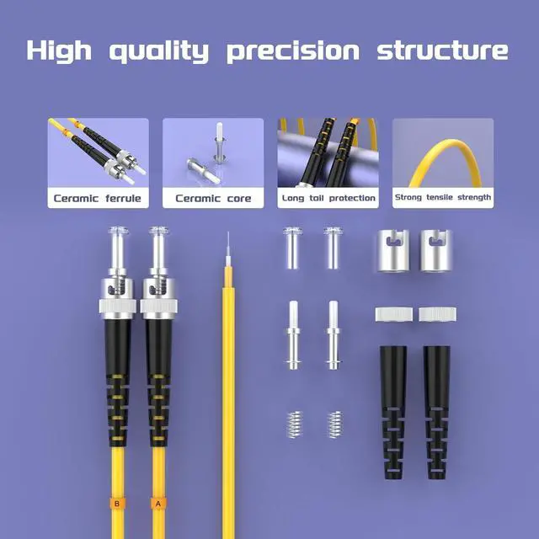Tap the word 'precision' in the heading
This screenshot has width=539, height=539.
[x=294, y=51]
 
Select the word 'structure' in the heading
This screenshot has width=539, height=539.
[x=442, y=50]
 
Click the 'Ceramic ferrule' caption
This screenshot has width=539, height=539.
[x=98, y=199]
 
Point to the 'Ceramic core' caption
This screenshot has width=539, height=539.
[x=213, y=199]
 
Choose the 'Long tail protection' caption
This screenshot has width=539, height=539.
[x=328, y=199]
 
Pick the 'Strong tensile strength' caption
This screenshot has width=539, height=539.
[x=443, y=199]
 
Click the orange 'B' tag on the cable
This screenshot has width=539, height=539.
[x=116, y=504]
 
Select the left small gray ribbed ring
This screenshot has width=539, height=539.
[x=392, y=314]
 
